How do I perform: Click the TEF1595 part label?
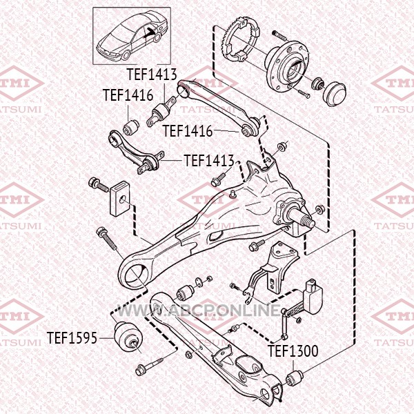tap(72, 337)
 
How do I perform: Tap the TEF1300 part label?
tap(293, 351)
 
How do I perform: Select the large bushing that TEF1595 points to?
tap(128, 337)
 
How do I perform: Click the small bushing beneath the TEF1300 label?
tap(295, 378)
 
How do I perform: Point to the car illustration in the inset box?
tap(132, 35)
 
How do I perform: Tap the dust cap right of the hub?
tap(334, 93)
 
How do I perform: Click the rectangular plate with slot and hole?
tap(120, 198)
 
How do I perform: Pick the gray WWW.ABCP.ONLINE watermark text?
tap(198, 310)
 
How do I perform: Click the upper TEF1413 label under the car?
tap(152, 75)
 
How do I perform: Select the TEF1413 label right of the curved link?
tap(209, 161)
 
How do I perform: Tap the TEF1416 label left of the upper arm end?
tap(187, 131)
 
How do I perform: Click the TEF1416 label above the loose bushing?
tap(128, 95)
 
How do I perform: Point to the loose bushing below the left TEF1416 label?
tap(131, 126)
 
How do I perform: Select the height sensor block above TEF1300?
tap(313, 296)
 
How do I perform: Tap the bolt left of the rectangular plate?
tap(99, 184)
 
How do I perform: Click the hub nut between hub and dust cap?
tap(317, 83)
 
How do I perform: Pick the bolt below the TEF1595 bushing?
tap(149, 366)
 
